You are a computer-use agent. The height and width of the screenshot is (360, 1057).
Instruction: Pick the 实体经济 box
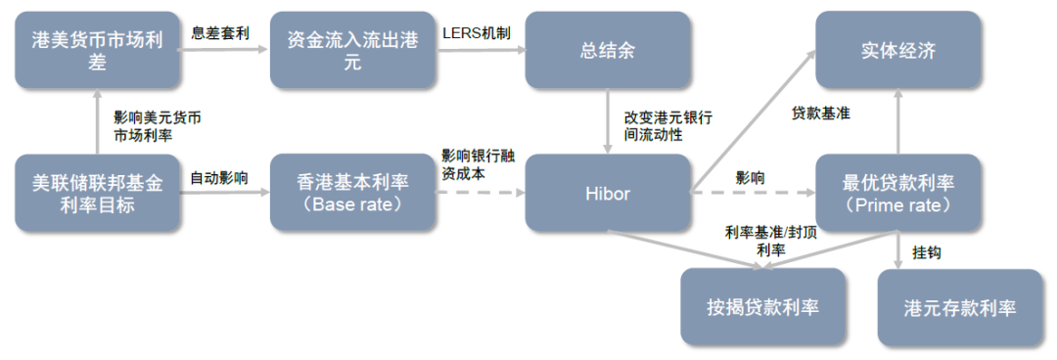(x=897, y=51)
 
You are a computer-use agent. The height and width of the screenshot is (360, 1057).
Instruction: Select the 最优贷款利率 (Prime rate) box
(x=897, y=193)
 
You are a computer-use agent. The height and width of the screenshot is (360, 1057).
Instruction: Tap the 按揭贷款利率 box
(x=763, y=306)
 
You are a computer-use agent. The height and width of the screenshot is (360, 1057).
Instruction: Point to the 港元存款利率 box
(x=961, y=306)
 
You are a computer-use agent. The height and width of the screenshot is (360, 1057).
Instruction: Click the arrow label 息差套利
(x=222, y=32)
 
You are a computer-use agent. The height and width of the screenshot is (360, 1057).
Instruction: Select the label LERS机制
(x=475, y=32)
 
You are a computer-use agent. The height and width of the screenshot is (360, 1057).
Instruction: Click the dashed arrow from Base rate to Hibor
(x=480, y=193)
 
